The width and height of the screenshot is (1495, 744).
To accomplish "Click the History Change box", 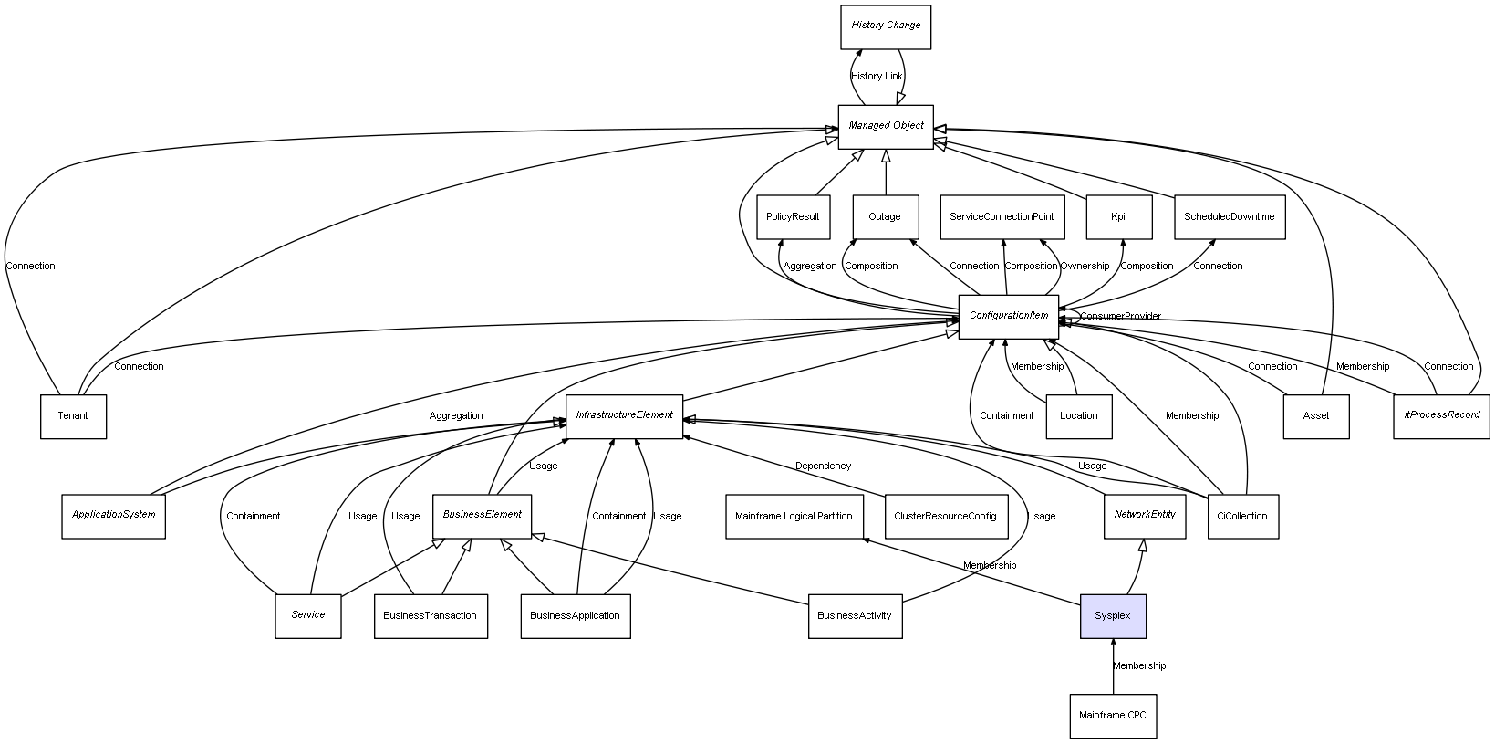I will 885,26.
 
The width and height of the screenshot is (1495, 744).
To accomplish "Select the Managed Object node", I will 885,126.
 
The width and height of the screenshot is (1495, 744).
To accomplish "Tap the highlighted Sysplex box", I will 1113,616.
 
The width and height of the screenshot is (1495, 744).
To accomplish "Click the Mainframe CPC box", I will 1113,716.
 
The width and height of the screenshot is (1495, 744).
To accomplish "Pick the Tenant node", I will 73,416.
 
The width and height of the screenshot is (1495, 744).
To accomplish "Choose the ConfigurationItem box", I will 1008,316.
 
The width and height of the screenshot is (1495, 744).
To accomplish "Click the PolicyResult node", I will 793,217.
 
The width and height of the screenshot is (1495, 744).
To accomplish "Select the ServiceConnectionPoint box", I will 1002,217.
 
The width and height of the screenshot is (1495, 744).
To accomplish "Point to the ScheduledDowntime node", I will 1229,217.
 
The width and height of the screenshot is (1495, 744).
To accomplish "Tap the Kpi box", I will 1118,217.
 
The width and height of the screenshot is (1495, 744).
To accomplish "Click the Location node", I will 1078,416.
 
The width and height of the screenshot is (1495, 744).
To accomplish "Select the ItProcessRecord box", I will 1441,416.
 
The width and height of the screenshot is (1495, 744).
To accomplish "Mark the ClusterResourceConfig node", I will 945,517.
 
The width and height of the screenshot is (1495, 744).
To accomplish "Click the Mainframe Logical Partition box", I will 794,517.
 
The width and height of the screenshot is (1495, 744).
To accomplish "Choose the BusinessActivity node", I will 855,616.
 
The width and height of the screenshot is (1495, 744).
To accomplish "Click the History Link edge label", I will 877,77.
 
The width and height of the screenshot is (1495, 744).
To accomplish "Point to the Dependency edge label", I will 823,466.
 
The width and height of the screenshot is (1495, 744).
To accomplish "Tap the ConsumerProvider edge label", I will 1121,317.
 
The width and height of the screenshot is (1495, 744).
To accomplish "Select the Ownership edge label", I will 1085,267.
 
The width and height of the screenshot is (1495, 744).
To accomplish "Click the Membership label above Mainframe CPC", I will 1139,666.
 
